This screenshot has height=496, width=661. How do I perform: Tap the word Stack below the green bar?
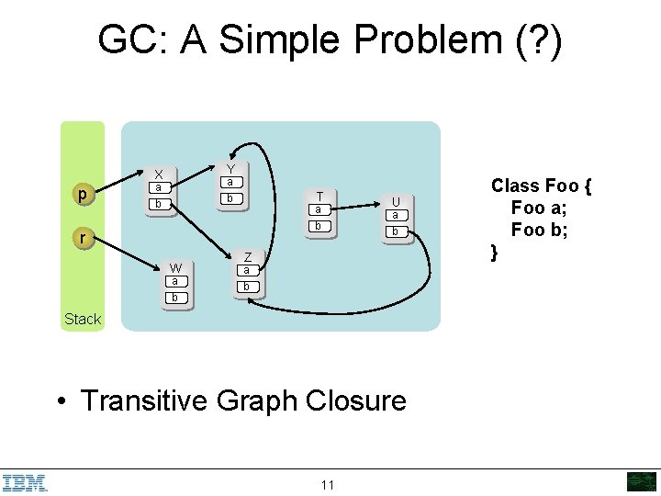coord(83,319)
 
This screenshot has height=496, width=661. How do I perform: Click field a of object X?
coord(159,187)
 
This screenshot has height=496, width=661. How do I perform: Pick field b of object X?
coord(159,203)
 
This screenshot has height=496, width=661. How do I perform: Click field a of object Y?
coord(230,182)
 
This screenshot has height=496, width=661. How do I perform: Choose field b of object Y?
coord(230,198)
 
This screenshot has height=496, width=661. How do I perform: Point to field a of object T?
coord(318,209)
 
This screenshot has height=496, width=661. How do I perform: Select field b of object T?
coord(318,225)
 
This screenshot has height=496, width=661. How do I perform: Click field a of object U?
coord(395,215)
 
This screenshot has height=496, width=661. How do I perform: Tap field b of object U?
coord(395,231)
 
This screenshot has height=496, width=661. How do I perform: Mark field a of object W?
coord(174,281)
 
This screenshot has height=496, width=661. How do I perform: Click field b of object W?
coord(174,298)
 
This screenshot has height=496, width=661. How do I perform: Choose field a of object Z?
coord(245,270)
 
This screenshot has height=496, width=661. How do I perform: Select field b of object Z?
coord(245,287)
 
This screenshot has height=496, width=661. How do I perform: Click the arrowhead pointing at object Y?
coord(234,151)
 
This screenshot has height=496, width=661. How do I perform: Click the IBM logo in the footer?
coord(25,482)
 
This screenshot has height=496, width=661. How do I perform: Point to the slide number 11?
coord(328,485)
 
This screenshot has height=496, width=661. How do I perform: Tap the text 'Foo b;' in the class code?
coord(540,229)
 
